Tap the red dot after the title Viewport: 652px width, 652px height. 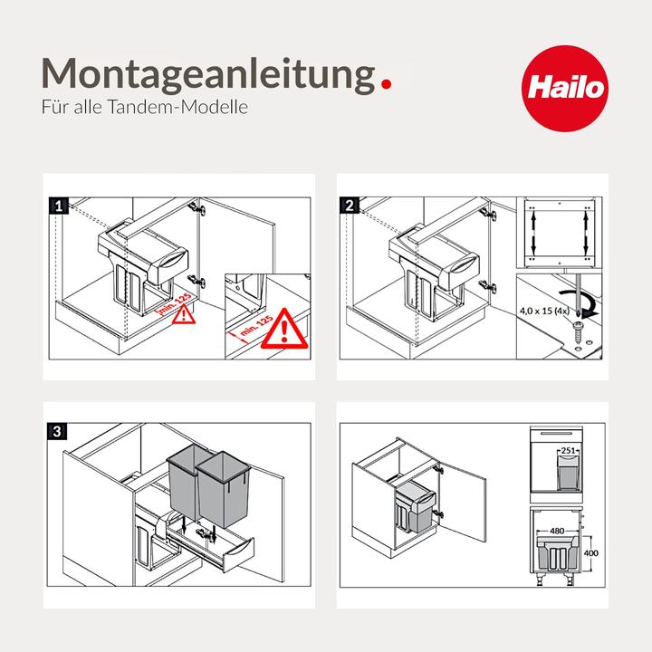click(388, 85)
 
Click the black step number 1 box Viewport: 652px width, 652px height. click(59, 206)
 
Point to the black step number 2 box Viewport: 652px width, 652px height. click(350, 206)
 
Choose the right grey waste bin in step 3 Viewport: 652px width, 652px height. click(226, 489)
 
